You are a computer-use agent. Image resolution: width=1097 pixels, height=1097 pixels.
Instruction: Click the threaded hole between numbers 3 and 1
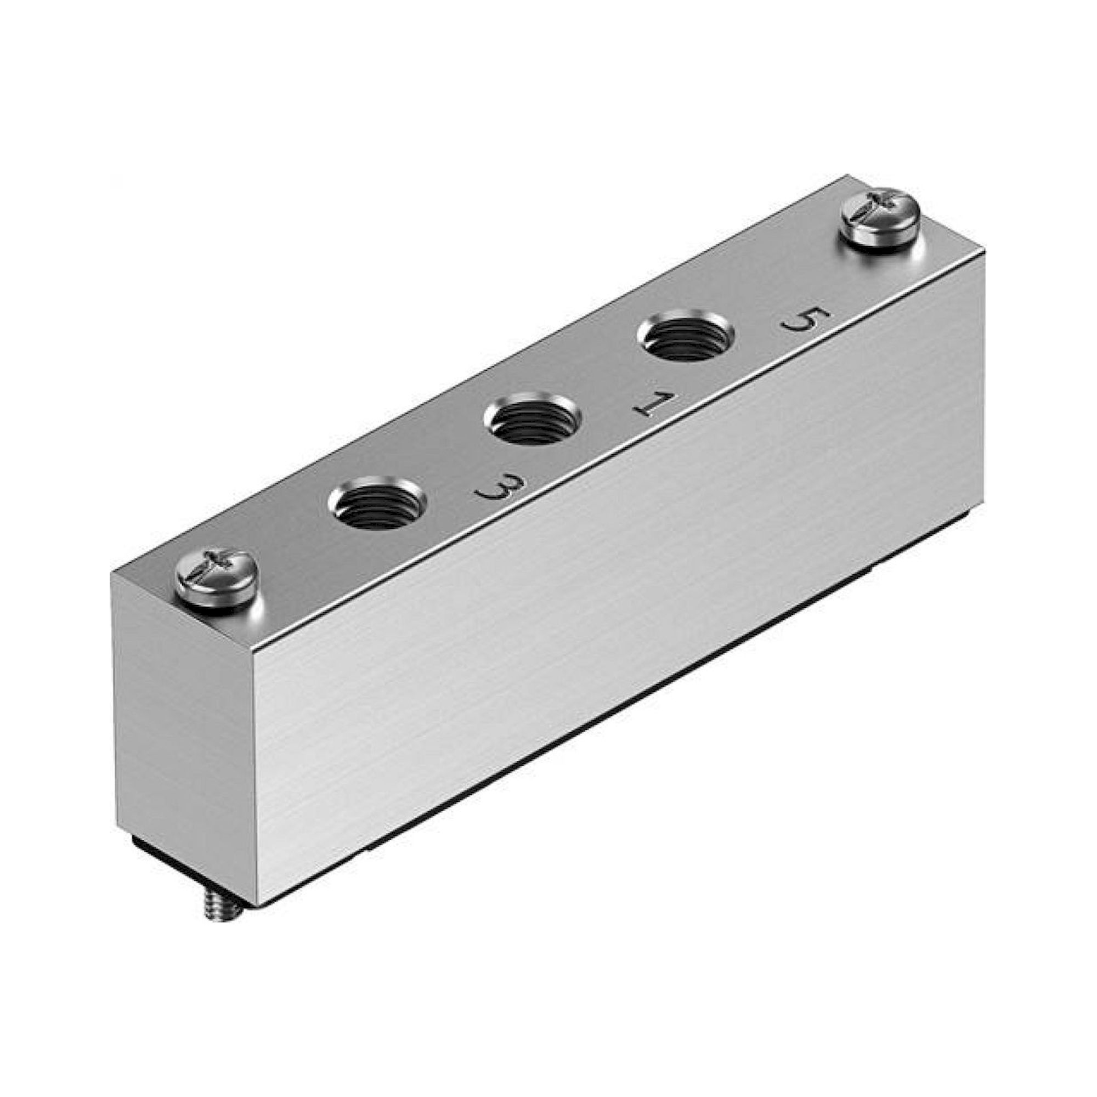[x=533, y=421]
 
